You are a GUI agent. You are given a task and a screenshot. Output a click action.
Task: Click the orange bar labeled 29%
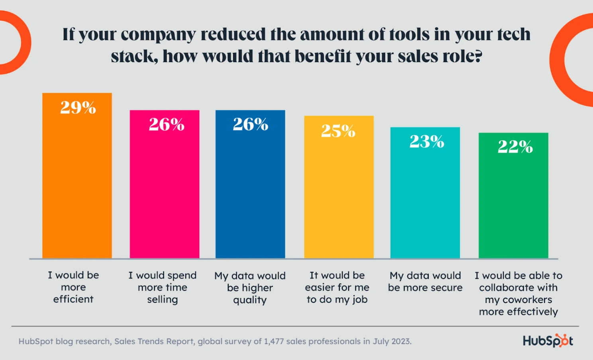[x=77, y=179]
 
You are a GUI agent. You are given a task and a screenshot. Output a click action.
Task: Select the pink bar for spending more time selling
[x=164, y=187]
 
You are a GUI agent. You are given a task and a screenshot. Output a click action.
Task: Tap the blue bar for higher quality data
[x=250, y=187]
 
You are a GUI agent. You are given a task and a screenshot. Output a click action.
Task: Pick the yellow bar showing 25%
[x=339, y=191]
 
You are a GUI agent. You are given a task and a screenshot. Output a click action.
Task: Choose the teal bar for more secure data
[x=425, y=195]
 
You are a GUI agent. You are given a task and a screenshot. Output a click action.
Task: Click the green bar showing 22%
[x=513, y=199]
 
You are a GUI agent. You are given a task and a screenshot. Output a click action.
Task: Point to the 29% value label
[x=78, y=107]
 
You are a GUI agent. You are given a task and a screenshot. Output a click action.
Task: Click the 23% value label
[x=427, y=142]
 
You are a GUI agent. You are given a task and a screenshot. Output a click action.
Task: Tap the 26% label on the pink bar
[x=167, y=124]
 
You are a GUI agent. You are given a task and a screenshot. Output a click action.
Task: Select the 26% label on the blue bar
[x=251, y=124]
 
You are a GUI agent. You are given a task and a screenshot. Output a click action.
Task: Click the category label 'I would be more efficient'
[x=73, y=287]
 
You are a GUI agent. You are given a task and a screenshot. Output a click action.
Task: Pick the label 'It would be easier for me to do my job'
[x=337, y=287]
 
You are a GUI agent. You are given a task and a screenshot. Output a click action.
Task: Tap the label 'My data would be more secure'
[x=425, y=281]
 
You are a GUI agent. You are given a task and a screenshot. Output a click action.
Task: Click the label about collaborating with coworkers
[x=518, y=293]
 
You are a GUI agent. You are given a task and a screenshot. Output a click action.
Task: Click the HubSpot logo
[x=548, y=341]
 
